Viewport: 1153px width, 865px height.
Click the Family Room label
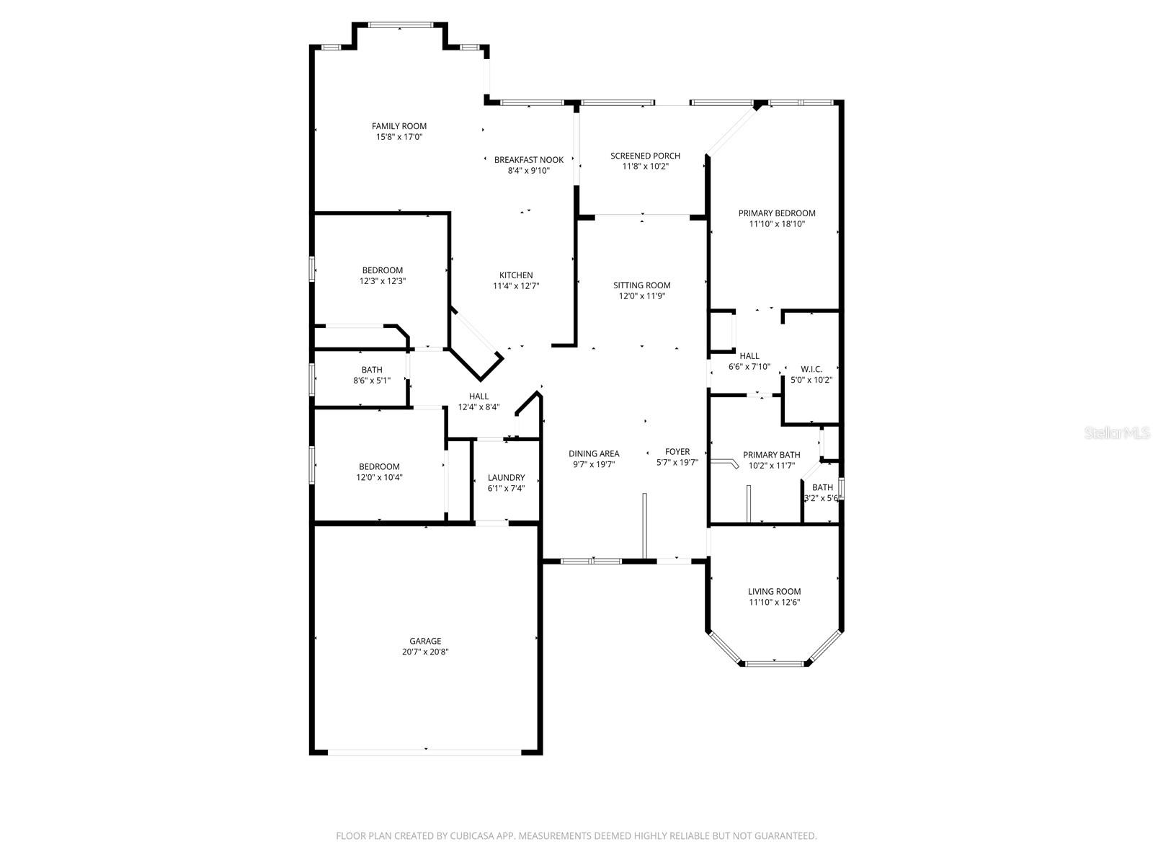coord(399,126)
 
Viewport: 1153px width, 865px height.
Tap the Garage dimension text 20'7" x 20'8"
coord(425,652)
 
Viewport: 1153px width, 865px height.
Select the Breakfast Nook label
coord(528,160)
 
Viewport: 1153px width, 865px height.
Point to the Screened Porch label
coord(645,156)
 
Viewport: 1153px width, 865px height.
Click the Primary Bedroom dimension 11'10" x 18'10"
coord(777,224)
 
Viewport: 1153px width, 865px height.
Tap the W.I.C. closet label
coord(811,369)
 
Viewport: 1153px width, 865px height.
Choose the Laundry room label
coord(506,477)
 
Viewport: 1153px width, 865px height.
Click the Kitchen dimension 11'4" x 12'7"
coord(516,286)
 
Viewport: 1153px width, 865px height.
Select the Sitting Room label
coord(641,285)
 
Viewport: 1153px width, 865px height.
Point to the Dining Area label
coord(594,453)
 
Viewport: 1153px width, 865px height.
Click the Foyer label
coord(677,452)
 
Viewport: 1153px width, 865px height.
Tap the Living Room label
coord(774,592)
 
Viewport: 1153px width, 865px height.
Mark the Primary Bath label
coord(771,455)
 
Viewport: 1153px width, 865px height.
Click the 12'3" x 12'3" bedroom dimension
coord(382,282)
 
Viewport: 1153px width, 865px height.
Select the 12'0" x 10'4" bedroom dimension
coord(379,477)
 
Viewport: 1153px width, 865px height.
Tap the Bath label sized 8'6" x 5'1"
coord(372,370)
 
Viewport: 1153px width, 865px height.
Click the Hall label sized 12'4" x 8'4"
coord(478,396)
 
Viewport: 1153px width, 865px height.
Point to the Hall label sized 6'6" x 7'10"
coord(749,356)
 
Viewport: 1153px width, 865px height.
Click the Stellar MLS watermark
coord(1118,433)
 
